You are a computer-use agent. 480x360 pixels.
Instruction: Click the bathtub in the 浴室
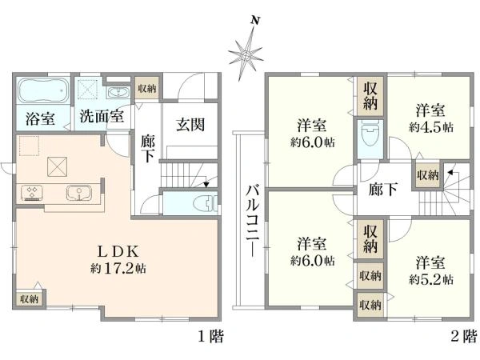(43, 90)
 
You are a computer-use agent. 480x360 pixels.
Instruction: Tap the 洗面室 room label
(102, 116)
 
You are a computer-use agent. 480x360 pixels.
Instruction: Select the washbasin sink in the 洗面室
(118, 93)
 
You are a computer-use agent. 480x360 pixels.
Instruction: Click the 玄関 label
(190, 125)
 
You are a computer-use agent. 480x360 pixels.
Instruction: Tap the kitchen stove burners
(32, 193)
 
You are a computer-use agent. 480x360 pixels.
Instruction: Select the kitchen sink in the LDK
(79, 193)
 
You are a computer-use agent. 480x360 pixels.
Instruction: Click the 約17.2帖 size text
(118, 269)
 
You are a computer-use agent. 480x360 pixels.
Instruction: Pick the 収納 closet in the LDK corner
(29, 298)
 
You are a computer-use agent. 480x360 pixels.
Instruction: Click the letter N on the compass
(255, 21)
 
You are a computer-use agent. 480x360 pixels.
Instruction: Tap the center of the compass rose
(246, 56)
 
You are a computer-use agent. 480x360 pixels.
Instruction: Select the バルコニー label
(253, 220)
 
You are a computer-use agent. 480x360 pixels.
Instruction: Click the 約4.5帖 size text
(431, 127)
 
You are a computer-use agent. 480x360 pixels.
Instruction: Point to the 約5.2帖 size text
(431, 279)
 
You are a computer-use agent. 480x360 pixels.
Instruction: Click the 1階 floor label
(211, 337)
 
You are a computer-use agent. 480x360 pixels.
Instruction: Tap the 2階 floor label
(464, 337)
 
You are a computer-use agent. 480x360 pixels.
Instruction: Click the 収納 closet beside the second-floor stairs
(428, 175)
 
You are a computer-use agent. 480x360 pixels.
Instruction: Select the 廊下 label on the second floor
(383, 189)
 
